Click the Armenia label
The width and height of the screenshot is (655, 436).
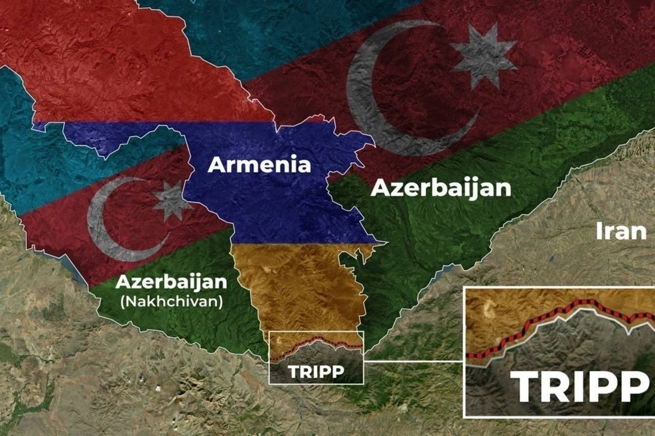tap(259, 165)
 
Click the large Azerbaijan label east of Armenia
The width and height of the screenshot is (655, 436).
tap(440, 188)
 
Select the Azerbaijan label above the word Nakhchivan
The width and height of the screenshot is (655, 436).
tap(171, 282)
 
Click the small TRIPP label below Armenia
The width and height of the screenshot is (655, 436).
tap(316, 371)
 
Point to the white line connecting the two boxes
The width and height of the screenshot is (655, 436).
tap(413, 361)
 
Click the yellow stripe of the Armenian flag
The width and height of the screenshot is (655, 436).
tap(295, 283)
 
